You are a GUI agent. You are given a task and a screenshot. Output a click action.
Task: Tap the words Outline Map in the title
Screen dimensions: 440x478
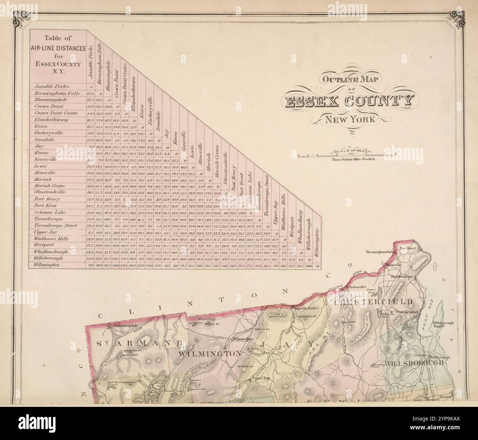click(x=346, y=79)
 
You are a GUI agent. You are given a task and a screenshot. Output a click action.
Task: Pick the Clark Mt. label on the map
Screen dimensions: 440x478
click(x=278, y=314)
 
